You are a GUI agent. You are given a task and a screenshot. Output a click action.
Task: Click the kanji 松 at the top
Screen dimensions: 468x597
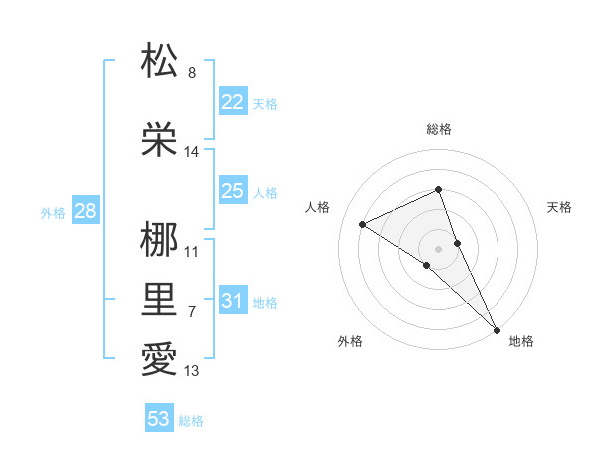[x=159, y=61]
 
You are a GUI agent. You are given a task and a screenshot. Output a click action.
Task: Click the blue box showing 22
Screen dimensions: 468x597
[x=232, y=102]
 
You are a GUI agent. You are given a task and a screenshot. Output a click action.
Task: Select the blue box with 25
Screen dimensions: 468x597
[x=232, y=191]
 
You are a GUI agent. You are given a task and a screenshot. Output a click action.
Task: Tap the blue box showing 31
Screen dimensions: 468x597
[x=232, y=301]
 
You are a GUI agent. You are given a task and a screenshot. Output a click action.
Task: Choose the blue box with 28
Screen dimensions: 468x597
[x=85, y=211]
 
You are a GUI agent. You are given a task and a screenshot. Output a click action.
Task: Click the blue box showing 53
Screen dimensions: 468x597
[x=159, y=419]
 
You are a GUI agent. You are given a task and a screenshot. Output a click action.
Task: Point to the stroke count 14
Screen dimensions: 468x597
[x=192, y=152]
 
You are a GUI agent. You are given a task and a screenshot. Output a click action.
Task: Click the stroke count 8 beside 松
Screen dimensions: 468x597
[x=192, y=73]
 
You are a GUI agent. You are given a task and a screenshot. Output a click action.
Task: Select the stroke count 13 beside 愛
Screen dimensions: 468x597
[x=192, y=371]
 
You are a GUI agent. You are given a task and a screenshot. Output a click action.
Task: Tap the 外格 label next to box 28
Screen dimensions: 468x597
[x=52, y=212]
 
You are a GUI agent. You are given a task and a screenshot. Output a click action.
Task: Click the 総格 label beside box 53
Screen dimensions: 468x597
[x=191, y=421]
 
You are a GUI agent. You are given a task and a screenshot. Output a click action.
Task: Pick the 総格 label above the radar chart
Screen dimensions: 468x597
[x=438, y=130]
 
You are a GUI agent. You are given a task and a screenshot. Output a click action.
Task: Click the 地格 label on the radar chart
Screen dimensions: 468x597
[x=521, y=342]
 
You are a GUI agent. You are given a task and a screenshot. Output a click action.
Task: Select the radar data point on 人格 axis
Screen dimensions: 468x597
[x=362, y=224]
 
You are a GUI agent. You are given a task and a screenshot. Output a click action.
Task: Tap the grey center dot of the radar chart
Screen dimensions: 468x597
[x=438, y=248]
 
